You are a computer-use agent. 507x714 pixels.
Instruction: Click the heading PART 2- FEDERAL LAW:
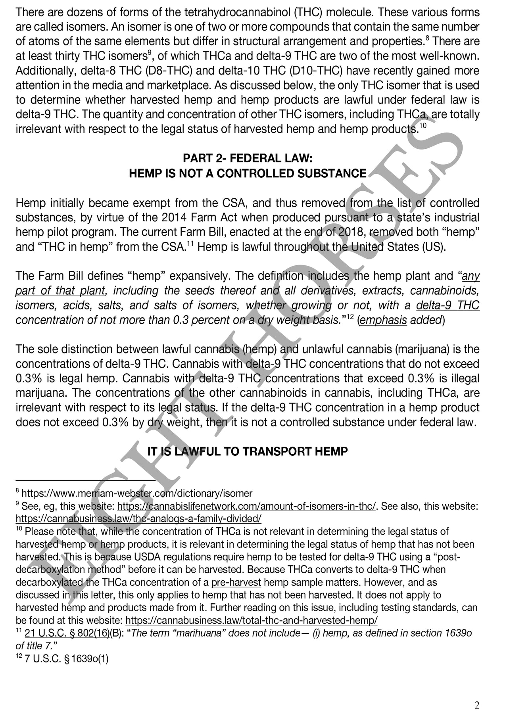(248, 159)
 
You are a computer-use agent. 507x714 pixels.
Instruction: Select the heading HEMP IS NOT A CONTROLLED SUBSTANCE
(248, 173)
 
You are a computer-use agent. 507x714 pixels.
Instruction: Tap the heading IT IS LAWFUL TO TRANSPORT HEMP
(248, 451)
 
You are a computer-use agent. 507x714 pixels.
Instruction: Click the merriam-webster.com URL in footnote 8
(137, 493)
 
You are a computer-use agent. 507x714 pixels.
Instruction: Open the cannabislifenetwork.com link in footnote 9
(246, 506)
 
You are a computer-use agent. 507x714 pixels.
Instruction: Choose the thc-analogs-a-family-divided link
(138, 518)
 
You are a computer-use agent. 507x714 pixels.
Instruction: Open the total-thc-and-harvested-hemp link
(251, 620)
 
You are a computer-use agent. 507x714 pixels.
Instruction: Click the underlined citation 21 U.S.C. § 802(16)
(67, 633)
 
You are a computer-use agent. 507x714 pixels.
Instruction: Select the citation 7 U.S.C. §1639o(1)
(66, 658)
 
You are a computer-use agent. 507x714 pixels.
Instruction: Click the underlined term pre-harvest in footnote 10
(236, 582)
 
